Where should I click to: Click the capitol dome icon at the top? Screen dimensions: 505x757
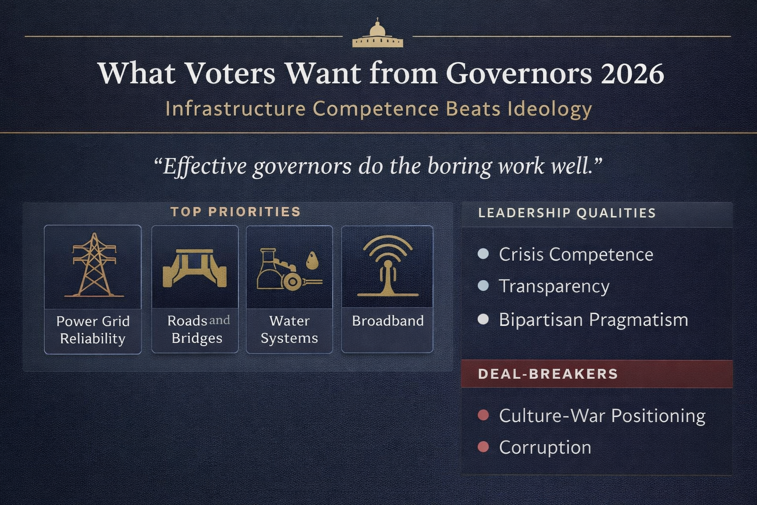378,34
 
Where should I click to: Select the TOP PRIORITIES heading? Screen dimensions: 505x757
236,212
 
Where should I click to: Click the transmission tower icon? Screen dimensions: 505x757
94,266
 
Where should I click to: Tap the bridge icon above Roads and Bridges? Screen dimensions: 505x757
195,268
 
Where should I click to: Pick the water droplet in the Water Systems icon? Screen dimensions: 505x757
312,261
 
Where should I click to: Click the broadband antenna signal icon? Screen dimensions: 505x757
388,266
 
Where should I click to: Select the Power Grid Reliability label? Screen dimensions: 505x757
93,330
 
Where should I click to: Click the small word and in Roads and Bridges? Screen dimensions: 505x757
219,321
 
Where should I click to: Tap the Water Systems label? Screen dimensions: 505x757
289,329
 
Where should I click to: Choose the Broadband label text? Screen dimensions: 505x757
387,321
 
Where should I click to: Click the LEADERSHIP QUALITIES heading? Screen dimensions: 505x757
567,213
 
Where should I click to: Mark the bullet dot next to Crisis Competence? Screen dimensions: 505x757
483,254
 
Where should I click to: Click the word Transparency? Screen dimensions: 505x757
554,287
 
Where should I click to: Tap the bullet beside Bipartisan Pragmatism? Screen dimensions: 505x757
483,320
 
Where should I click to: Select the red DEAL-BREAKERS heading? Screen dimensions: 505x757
548,374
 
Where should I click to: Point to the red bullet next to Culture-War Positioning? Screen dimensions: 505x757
483,415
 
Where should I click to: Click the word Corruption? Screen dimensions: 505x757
545,447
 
